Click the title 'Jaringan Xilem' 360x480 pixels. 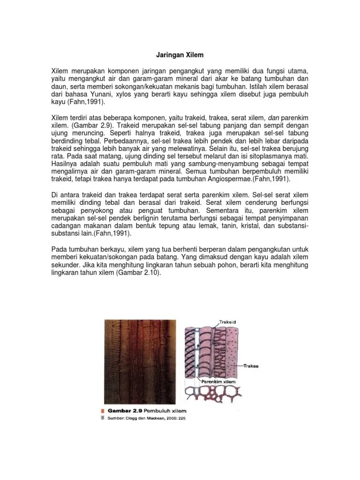[180, 55]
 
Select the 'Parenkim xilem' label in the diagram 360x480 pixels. [219, 382]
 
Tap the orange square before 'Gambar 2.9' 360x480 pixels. [103, 411]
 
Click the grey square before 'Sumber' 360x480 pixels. [103, 419]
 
